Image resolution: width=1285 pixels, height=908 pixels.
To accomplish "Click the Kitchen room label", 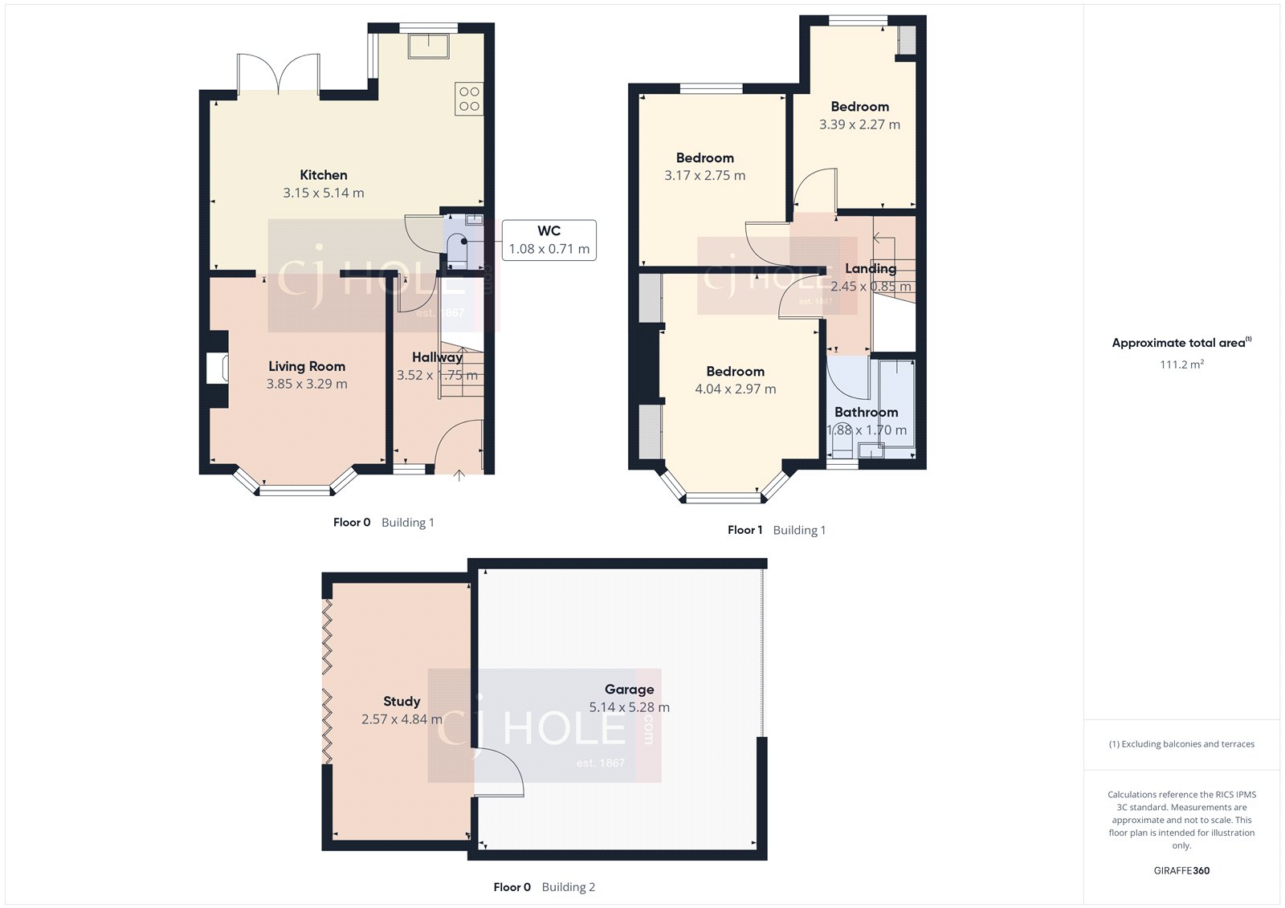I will (324, 175).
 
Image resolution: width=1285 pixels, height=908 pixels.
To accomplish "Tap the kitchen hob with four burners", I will (469, 99).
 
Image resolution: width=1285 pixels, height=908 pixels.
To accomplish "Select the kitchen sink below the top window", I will (429, 46).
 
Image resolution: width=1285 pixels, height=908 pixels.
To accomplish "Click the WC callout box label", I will (549, 231).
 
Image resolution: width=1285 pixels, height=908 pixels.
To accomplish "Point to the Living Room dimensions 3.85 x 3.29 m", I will (307, 384).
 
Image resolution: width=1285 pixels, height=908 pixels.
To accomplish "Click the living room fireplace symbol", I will (217, 368).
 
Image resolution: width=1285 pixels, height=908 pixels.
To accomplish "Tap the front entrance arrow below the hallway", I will (459, 475).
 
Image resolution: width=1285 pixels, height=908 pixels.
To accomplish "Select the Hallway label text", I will (437, 357).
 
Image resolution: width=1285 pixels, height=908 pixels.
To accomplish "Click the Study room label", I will (402, 702).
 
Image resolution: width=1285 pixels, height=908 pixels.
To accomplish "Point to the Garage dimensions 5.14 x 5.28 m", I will (629, 707).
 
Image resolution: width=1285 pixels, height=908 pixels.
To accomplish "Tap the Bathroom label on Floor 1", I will (866, 413).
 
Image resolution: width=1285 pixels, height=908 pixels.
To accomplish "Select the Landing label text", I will (871, 268).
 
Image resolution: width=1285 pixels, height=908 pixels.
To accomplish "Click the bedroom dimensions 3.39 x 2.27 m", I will (859, 124).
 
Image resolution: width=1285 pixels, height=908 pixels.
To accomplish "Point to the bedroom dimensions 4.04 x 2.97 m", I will (735, 389).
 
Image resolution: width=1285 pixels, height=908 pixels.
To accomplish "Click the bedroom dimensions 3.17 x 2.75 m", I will (704, 176).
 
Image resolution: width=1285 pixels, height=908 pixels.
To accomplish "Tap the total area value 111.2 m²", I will (1181, 364).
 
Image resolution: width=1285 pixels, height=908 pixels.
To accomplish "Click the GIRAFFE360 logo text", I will (1181, 870).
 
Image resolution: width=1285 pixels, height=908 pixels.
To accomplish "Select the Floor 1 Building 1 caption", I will (776, 530).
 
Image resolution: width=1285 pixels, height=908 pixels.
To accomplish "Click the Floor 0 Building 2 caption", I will (544, 887).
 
